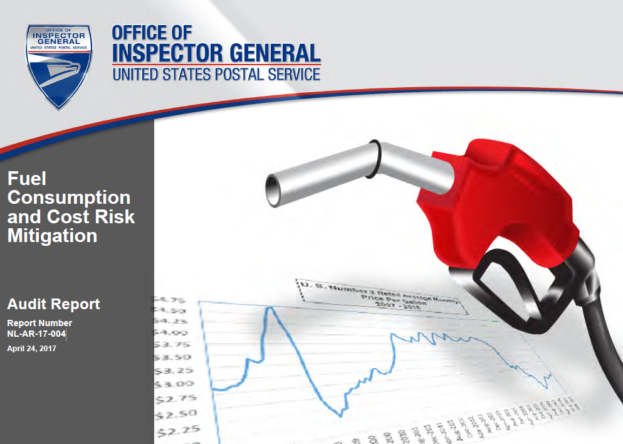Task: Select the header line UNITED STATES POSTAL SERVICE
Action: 216,75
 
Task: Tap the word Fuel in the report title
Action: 27,179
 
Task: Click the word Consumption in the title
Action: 69,198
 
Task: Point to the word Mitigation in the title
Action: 52,236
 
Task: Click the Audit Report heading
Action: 53,304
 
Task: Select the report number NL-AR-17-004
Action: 36,333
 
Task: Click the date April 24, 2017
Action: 31,348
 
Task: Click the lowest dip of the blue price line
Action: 339,415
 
